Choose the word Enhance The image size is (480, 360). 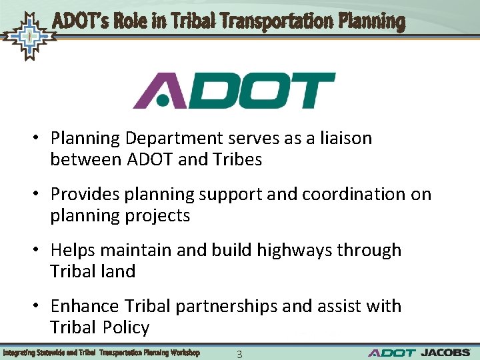[x=80, y=306]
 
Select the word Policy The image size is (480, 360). [x=126, y=327]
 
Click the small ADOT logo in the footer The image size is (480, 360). [x=391, y=353]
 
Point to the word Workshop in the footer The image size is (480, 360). [x=184, y=352]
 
